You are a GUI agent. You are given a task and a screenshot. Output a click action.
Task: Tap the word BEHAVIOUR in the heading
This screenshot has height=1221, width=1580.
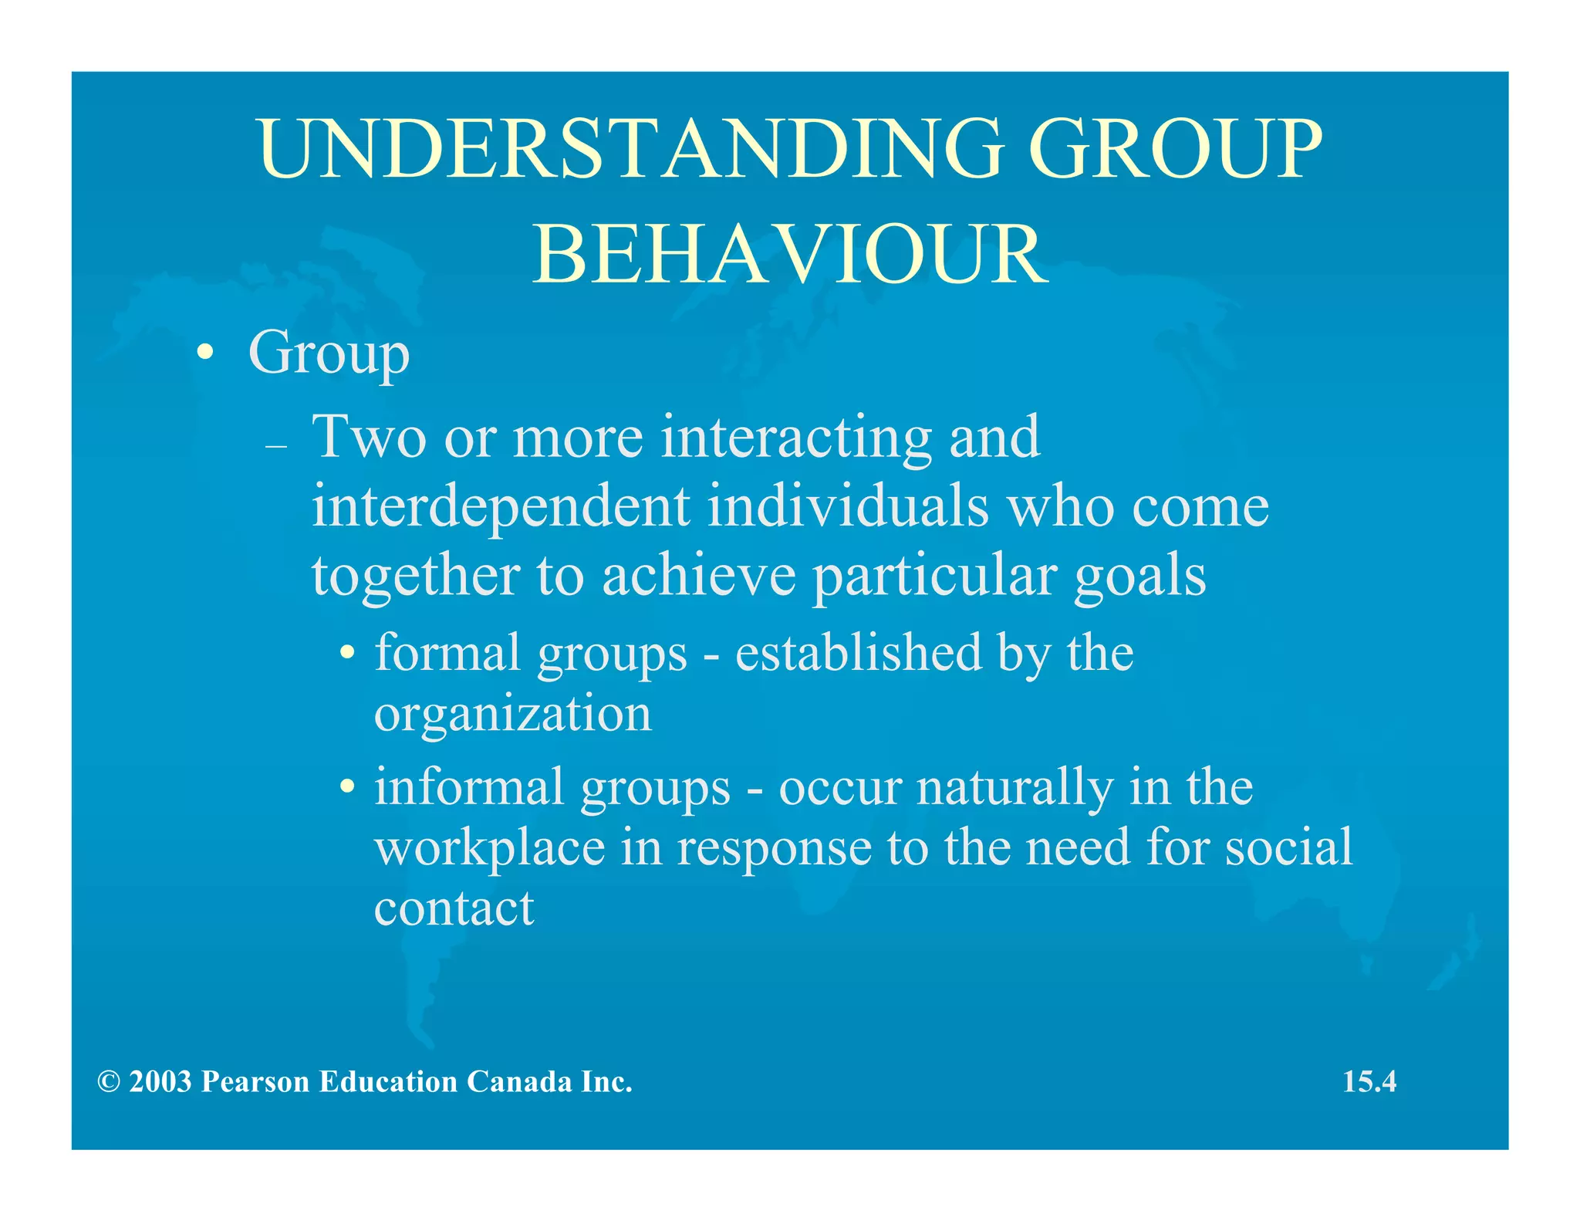[790, 255]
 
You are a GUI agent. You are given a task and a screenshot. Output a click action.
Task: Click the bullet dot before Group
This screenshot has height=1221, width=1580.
[204, 353]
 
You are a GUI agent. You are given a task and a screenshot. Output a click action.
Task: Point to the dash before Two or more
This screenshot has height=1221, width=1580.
[275, 447]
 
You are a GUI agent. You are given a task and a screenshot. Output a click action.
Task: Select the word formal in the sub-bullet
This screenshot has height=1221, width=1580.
[447, 652]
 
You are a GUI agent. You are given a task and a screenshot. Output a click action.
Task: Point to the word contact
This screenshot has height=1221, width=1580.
[454, 908]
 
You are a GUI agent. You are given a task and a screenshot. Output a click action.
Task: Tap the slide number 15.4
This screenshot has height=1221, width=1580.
[1369, 1081]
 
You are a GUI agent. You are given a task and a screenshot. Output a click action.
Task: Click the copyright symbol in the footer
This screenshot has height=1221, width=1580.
[109, 1082]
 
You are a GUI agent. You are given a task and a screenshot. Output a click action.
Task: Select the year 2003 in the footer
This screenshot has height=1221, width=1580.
[160, 1082]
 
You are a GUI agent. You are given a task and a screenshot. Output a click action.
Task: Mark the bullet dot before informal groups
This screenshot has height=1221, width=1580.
[349, 788]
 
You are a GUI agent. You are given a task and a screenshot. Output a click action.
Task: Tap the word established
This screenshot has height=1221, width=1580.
[858, 652]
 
